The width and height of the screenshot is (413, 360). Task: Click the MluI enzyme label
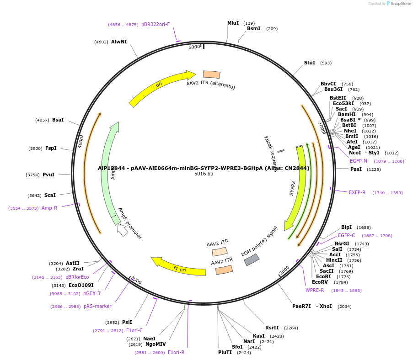point(233,23)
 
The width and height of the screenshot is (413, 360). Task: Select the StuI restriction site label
point(310,63)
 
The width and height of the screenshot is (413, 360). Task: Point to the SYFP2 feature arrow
point(295,187)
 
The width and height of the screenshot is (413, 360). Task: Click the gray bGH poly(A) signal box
point(252,259)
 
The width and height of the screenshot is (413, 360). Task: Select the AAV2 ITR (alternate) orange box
point(212,74)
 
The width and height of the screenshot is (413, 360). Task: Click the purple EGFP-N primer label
point(358,161)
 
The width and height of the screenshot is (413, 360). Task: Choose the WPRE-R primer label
point(315,290)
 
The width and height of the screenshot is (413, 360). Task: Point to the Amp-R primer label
point(49,208)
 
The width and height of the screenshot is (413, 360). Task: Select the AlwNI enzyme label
point(119,42)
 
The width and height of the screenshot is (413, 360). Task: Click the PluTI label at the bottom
point(225,352)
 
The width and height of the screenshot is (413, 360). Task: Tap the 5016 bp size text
point(204,174)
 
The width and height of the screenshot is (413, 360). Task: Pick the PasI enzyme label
point(356,169)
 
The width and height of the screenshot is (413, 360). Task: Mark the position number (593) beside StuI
point(326,63)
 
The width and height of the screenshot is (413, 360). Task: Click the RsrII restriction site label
point(272,328)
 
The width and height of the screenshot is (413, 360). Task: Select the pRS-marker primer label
point(97,306)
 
